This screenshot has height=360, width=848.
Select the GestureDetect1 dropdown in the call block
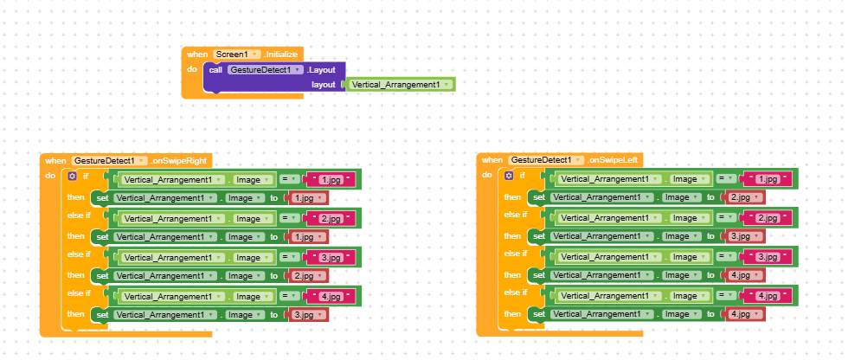click(265, 70)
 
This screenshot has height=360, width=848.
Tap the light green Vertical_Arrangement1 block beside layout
click(401, 84)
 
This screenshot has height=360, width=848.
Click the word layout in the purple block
click(324, 85)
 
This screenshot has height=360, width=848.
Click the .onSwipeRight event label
click(179, 161)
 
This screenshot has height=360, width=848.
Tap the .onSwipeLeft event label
click(614, 160)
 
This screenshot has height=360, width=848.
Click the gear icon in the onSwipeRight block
click(73, 177)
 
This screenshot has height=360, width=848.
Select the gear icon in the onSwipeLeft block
click(509, 176)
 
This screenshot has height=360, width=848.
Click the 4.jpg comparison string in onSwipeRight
click(330, 296)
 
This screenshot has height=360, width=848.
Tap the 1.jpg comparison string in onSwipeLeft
click(767, 179)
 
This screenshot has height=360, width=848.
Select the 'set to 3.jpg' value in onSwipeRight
click(308, 315)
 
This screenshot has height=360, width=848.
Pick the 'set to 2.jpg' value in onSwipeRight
click(308, 276)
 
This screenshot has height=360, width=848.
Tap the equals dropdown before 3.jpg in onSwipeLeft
click(726, 257)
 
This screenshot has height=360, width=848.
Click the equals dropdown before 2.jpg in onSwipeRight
click(289, 218)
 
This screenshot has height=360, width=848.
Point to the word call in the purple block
click(215, 70)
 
